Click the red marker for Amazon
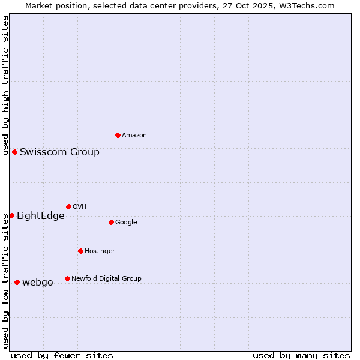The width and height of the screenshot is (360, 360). tap(118, 135)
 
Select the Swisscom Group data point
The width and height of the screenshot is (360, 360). tap(14, 152)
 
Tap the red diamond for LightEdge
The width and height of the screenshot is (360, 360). tap(11, 215)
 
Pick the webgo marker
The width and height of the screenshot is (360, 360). tap(17, 282)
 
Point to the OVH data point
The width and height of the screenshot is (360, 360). tap(68, 206)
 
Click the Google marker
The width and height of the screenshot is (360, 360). tap(111, 222)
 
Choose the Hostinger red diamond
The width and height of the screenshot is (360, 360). tap(80, 251)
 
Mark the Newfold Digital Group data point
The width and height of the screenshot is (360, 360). tap(67, 278)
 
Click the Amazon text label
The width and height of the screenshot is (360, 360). tap(134, 136)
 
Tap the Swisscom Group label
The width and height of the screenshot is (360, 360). tap(59, 152)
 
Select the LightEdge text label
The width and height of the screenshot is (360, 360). tap(40, 216)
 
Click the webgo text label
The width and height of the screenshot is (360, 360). tap(38, 283)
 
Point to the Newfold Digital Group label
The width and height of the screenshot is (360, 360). tap(106, 278)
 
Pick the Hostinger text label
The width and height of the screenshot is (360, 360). tap(100, 251)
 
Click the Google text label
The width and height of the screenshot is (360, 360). tap(126, 222)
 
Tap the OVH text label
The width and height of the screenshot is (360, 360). tap(79, 206)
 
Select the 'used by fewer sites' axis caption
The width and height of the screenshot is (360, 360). tap(62, 355)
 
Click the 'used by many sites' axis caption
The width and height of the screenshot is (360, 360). tap(301, 355)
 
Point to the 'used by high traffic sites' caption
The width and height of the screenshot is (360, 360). tap(5, 85)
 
